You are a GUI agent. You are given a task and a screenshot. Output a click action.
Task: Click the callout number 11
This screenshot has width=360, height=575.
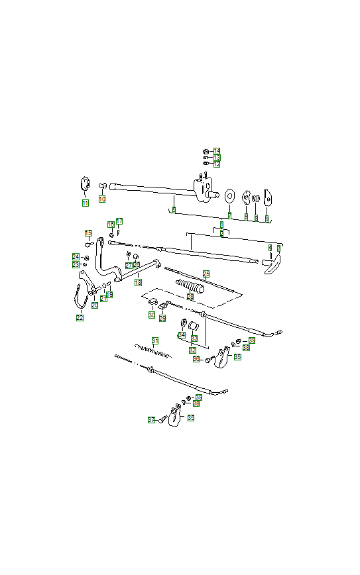tap(85, 203)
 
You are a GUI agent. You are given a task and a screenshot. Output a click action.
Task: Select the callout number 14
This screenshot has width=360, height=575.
tap(217, 151)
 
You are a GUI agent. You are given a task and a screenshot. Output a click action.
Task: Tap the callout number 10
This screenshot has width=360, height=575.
tap(102, 199)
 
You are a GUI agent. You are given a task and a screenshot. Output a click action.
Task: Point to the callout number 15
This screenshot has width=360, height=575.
tap(88, 233)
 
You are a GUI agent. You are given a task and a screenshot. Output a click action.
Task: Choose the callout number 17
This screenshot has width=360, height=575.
tap(119, 221)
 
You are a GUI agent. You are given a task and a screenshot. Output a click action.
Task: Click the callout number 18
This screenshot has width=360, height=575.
tap(138, 282)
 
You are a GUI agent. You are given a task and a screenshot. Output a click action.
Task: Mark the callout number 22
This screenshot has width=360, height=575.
tap(80, 317)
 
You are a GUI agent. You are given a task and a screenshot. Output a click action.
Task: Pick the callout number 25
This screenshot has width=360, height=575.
tap(206, 274)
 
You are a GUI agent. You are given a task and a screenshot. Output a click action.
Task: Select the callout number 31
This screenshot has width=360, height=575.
tap(155, 341)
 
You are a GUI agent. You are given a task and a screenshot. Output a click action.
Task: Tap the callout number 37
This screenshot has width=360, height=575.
tap(151, 420)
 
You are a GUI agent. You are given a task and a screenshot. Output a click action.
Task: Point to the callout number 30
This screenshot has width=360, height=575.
tap(152, 315)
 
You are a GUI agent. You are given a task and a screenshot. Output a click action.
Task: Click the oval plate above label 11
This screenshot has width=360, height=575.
tap(85, 183)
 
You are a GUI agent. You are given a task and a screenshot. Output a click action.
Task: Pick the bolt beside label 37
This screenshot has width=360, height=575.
tap(163, 418)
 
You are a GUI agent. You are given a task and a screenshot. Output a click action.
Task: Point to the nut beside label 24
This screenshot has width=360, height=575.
tap(86, 257)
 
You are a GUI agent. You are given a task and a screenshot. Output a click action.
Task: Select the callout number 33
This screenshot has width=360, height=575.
tap(194, 338)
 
